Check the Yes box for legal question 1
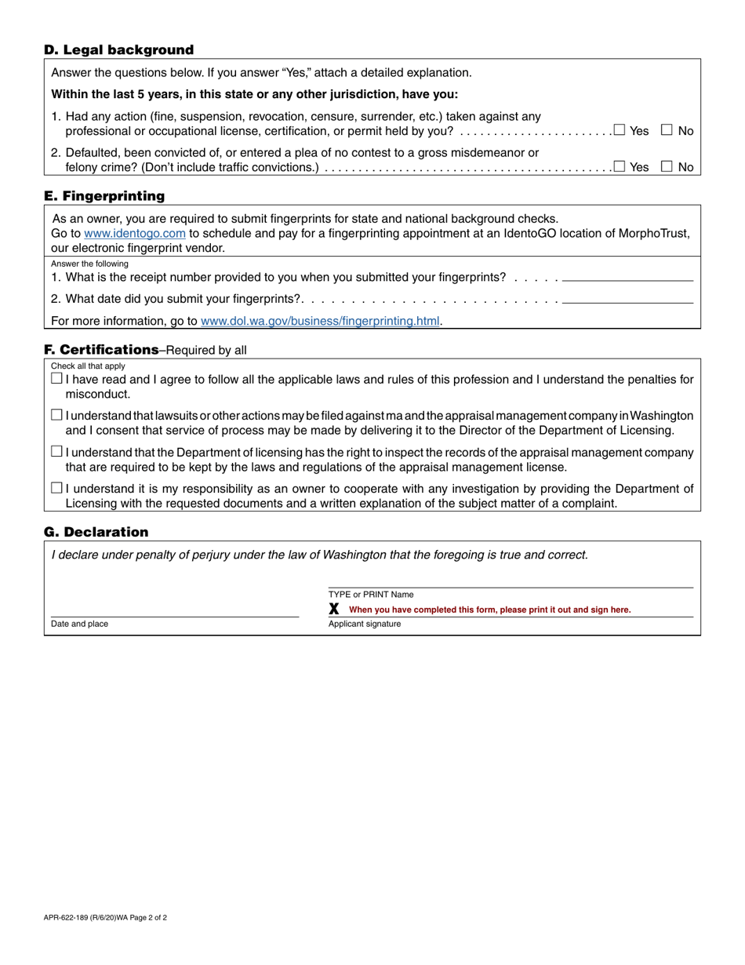620,130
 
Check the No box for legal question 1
667,130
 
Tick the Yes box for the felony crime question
620,166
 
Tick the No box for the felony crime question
667,166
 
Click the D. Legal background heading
118,50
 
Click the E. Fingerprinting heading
104,196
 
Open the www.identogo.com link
134,234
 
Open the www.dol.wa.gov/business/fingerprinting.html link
320,321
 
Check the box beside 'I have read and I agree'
56,379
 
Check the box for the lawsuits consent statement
56,415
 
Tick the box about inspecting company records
56,452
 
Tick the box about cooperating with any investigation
56,489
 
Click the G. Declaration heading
96,533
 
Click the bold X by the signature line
334,609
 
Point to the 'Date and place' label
79,625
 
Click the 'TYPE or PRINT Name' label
371,595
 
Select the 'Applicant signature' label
365,625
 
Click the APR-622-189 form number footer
105,917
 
